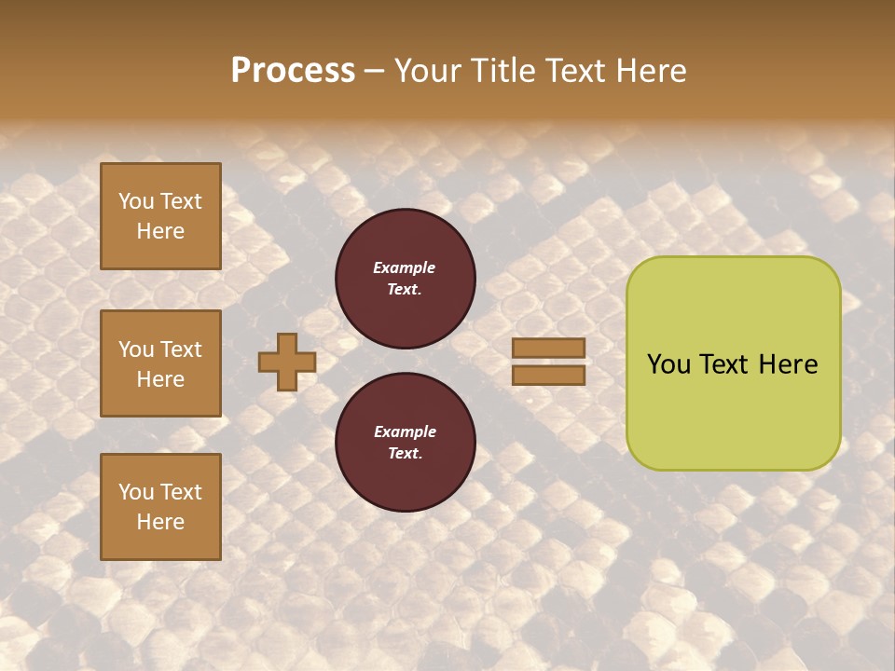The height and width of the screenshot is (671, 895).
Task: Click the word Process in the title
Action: pyautogui.click(x=293, y=71)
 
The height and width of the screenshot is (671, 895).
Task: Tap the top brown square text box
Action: pyautogui.click(x=160, y=216)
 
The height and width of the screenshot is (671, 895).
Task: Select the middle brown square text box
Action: pyautogui.click(x=160, y=363)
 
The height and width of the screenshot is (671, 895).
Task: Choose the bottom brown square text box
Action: pyautogui.click(x=160, y=507)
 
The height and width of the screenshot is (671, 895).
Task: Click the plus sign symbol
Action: pyautogui.click(x=286, y=362)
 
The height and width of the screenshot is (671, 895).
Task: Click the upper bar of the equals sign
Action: pyautogui.click(x=548, y=349)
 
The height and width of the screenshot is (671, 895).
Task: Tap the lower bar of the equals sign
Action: pyautogui.click(x=548, y=375)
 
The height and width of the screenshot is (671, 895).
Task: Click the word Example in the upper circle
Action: pyautogui.click(x=405, y=267)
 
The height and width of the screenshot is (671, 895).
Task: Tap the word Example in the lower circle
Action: pyautogui.click(x=405, y=431)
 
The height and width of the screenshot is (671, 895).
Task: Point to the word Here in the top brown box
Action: pyautogui.click(x=160, y=231)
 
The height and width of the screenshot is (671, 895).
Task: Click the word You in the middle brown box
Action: pyautogui.click(x=135, y=349)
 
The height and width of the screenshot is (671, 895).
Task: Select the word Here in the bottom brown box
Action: pyautogui.click(x=160, y=522)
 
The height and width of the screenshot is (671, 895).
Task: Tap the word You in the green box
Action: pyautogui.click(x=668, y=364)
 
